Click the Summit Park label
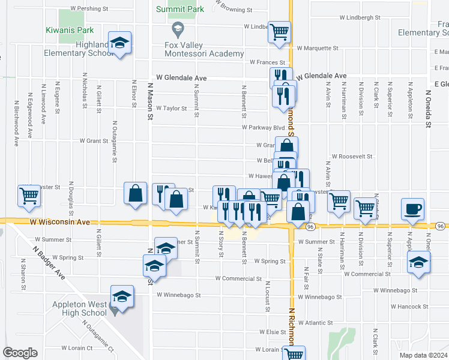[x=180, y=9]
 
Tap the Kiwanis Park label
[x=70, y=30]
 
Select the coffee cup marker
[x=413, y=209]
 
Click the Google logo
[x=20, y=353]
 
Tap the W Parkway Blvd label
[x=263, y=127]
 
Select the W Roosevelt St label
[x=352, y=156]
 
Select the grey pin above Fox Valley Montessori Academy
[x=178, y=29]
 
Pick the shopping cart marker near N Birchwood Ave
[x=29, y=196]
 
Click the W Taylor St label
[x=172, y=109]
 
